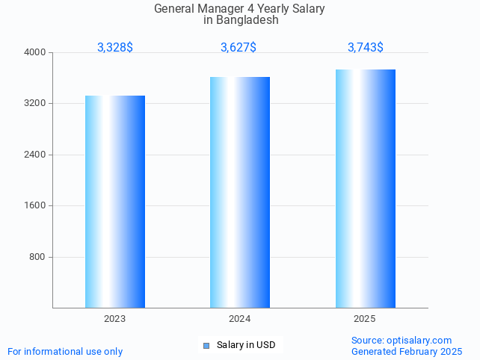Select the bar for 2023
click(115, 202)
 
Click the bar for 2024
click(240, 192)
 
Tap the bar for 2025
click(366, 188)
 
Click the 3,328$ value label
click(115, 48)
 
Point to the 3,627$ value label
click(239, 48)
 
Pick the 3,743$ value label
click(366, 48)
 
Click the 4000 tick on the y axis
click(35, 52)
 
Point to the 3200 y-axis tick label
click(35, 103)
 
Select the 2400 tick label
click(35, 155)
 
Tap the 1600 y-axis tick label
click(35, 205)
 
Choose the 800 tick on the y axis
click(37, 257)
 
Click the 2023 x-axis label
click(115, 319)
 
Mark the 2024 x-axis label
click(240, 319)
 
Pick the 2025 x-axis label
click(365, 319)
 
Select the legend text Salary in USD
click(246, 345)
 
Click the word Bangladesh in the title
click(247, 20)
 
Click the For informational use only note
click(65, 351)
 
